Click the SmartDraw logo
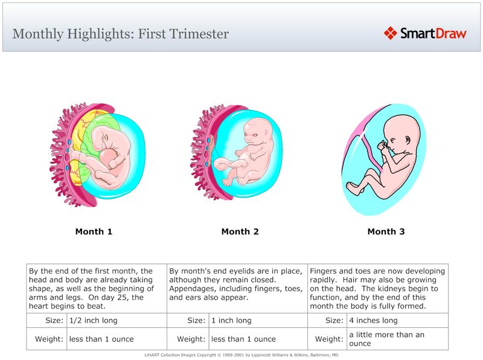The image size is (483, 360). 425,33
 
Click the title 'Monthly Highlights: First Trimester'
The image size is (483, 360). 121,34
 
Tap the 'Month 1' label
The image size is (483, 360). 94,231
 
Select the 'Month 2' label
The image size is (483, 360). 240,231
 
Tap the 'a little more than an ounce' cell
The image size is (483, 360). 386,339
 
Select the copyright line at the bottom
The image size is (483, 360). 241,355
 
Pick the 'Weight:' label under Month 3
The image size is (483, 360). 330,339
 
